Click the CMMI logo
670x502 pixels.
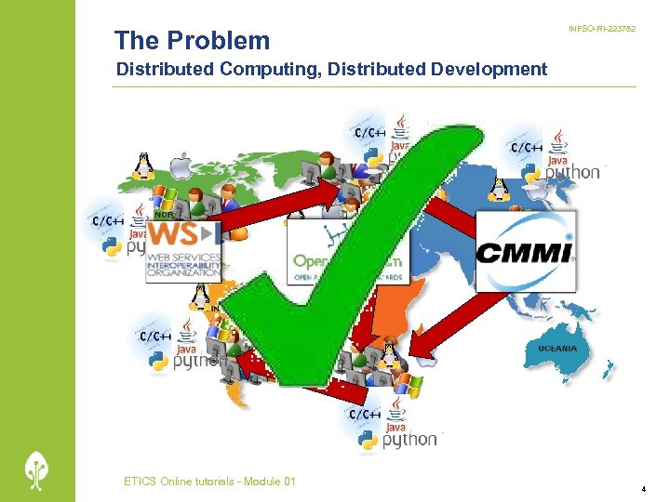[x=526, y=251]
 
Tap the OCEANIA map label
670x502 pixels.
[x=556, y=348]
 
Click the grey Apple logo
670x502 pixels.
[x=180, y=167]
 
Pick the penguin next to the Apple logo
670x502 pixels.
[x=142, y=165]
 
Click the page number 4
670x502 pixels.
[x=643, y=488]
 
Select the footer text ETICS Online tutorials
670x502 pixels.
[x=209, y=481]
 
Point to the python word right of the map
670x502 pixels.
[x=573, y=171]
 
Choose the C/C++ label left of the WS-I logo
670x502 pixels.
[x=107, y=220]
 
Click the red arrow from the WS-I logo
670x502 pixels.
[x=279, y=205]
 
